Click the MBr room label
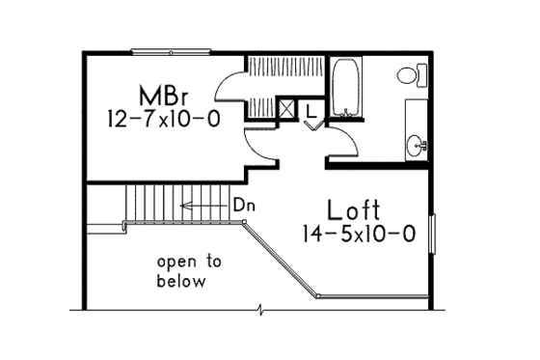[162, 97]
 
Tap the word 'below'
[181, 282]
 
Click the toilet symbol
[408, 74]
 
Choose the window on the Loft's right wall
[431, 237]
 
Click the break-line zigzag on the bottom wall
[261, 309]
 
